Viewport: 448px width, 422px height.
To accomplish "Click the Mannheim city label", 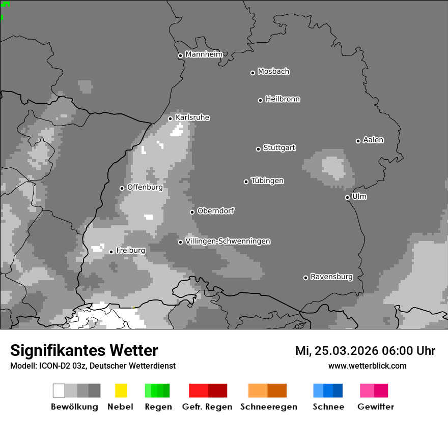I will [204, 54].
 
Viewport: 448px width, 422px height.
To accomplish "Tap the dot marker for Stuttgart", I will [258, 149].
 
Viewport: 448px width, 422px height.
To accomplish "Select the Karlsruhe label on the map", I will [192, 117].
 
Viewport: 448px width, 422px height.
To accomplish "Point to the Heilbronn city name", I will [283, 99].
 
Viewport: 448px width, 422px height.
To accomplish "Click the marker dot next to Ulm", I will [347, 197].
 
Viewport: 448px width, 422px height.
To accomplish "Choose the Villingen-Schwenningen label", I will [228, 241].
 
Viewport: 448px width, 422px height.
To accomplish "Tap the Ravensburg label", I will [331, 277].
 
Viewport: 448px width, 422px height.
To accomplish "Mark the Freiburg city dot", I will [111, 252].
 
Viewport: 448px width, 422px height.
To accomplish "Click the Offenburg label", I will [145, 187].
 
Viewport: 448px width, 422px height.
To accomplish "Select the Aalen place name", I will [373, 140].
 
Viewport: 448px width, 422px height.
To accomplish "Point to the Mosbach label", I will [273, 72].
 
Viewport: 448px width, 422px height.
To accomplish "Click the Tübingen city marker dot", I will [246, 182].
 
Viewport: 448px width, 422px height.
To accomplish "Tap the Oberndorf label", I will [215, 211].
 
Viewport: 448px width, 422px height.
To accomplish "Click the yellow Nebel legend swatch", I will [121, 390].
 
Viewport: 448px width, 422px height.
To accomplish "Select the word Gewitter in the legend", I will [375, 407].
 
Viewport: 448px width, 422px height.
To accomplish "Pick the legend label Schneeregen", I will [269, 407].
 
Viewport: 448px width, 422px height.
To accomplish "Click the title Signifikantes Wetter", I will [84, 350].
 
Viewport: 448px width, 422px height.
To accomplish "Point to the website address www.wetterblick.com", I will [367, 366].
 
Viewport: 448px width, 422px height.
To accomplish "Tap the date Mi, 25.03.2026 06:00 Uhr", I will [365, 351].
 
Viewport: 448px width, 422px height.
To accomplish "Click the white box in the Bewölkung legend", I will [59, 390].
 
